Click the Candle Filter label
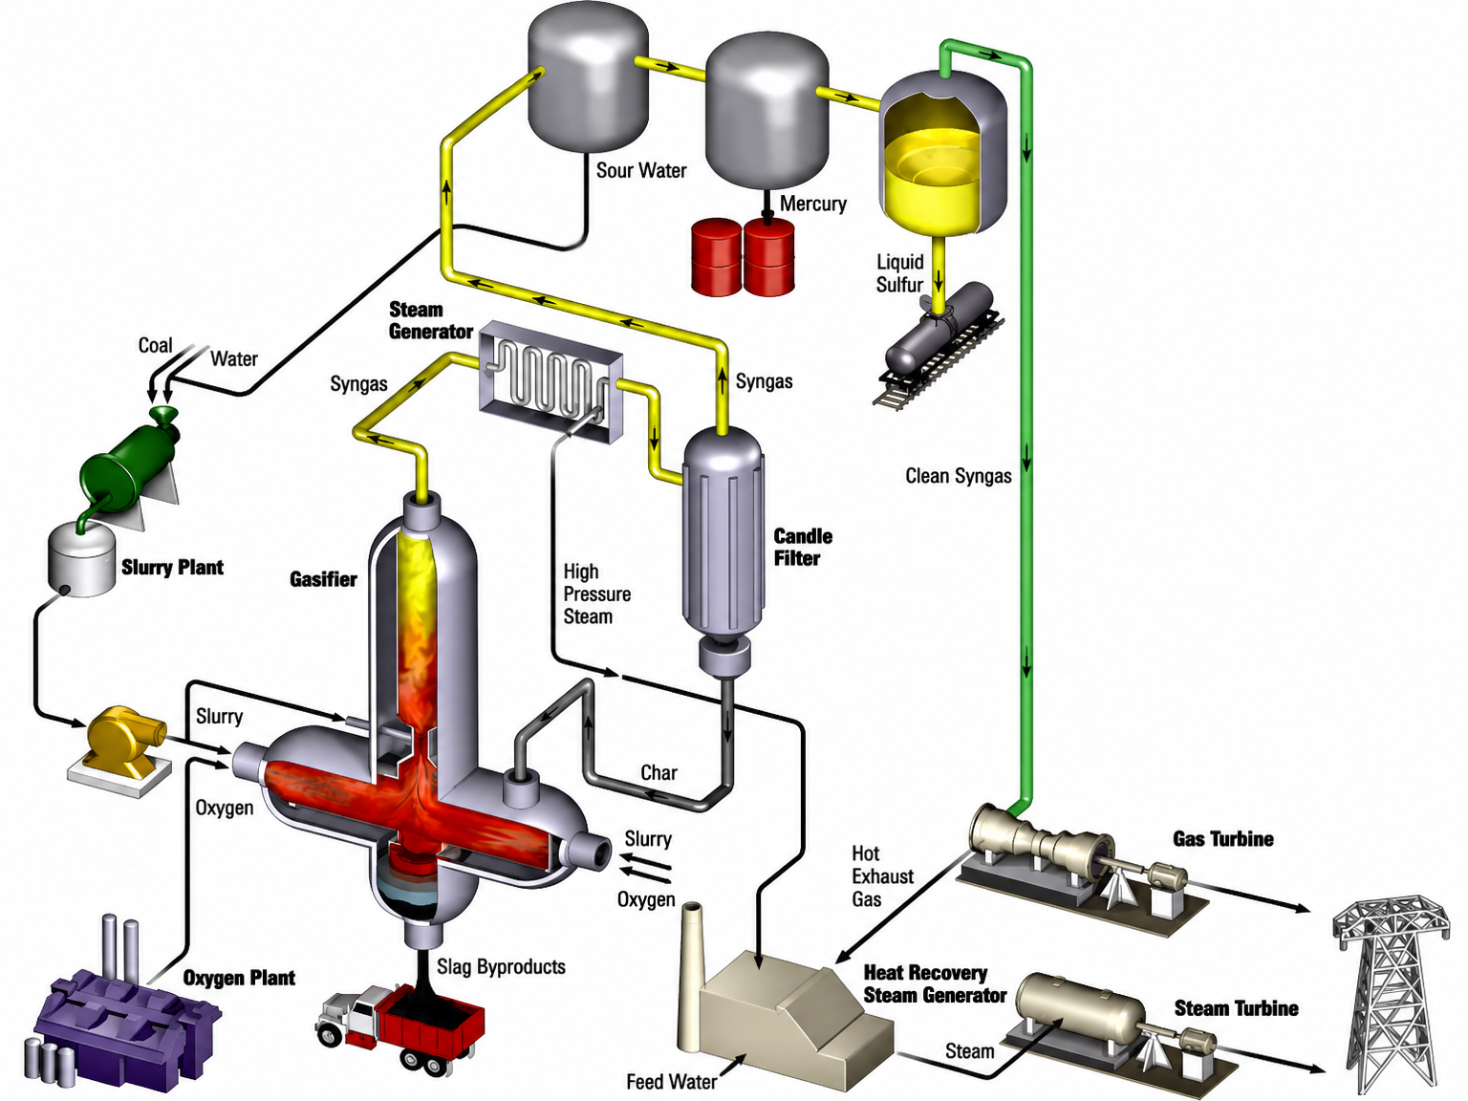click(x=803, y=547)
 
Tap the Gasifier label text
click(x=323, y=579)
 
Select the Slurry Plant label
click(x=172, y=568)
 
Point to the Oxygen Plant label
click(x=239, y=978)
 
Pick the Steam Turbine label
click(x=1236, y=1008)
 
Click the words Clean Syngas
click(x=959, y=476)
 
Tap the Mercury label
click(x=813, y=204)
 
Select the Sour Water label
click(x=641, y=170)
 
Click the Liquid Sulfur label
click(x=900, y=272)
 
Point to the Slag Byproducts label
click(x=501, y=966)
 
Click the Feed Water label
click(x=672, y=1081)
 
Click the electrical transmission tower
click(x=1392, y=996)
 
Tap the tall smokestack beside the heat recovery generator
click(x=692, y=977)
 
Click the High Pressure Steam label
click(x=596, y=594)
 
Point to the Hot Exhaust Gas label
click(x=882, y=876)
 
